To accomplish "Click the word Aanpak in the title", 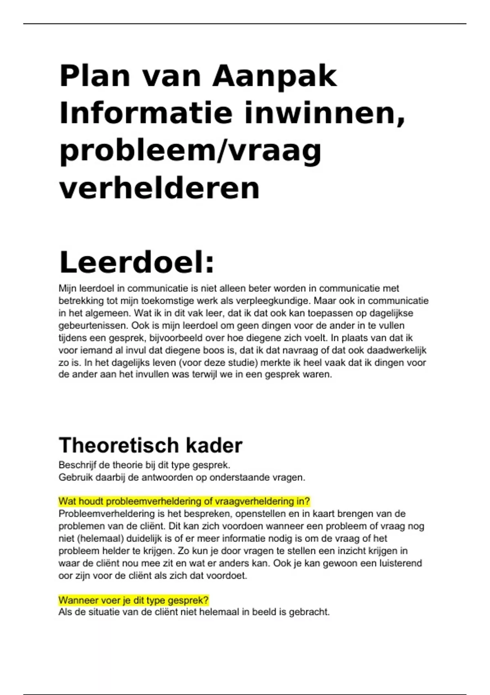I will pyautogui.click(x=274, y=76).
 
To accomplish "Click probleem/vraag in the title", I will pyautogui.click(x=191, y=151).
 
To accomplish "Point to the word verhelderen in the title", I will pyautogui.click(x=160, y=188).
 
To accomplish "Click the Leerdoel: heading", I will pyautogui.click(x=137, y=262).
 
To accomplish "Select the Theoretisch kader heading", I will pyautogui.click(x=151, y=445).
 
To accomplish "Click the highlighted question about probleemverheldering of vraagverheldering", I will pyautogui.click(x=184, y=501).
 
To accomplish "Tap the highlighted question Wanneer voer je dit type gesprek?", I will pyautogui.click(x=134, y=600).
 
